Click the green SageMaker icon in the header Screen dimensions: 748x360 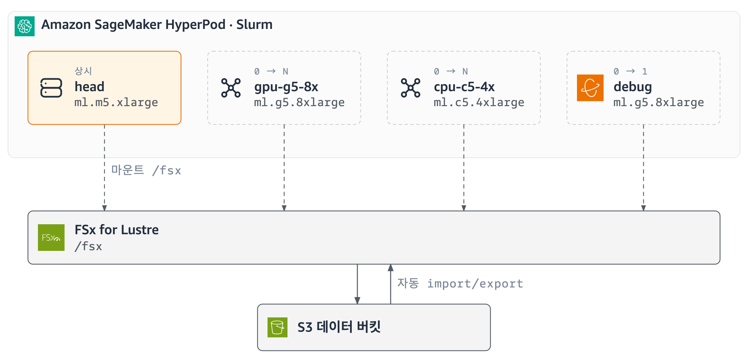pyautogui.click(x=25, y=26)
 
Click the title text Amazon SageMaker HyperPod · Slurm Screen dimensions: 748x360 pyautogui.click(x=157, y=25)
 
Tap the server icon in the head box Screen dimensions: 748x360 pyautogui.click(x=51, y=88)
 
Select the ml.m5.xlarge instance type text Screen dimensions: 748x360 pyautogui.click(x=116, y=102)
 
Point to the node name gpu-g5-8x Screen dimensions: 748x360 pyautogui.click(x=286, y=87)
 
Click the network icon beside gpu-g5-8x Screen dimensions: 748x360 pyautogui.click(x=231, y=88)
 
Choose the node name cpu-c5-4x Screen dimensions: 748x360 pyautogui.click(x=464, y=87)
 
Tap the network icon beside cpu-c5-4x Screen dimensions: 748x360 pyautogui.click(x=411, y=88)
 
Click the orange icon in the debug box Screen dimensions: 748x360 pyautogui.click(x=590, y=88)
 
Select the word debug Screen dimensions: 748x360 pyautogui.click(x=633, y=87)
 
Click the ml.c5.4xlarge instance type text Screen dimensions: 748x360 pyautogui.click(x=479, y=102)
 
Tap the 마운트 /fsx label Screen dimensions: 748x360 pyautogui.click(x=146, y=170)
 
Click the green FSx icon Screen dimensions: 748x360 pyautogui.click(x=51, y=238)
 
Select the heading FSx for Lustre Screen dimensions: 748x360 pyautogui.click(x=116, y=230)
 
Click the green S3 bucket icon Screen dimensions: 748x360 pyautogui.click(x=278, y=327)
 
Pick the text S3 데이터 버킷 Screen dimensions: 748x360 pyautogui.click(x=339, y=327)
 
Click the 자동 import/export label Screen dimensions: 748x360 pyautogui.click(x=460, y=283)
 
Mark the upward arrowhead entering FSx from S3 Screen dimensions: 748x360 pyautogui.click(x=391, y=268)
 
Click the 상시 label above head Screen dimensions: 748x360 pyautogui.click(x=83, y=71)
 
